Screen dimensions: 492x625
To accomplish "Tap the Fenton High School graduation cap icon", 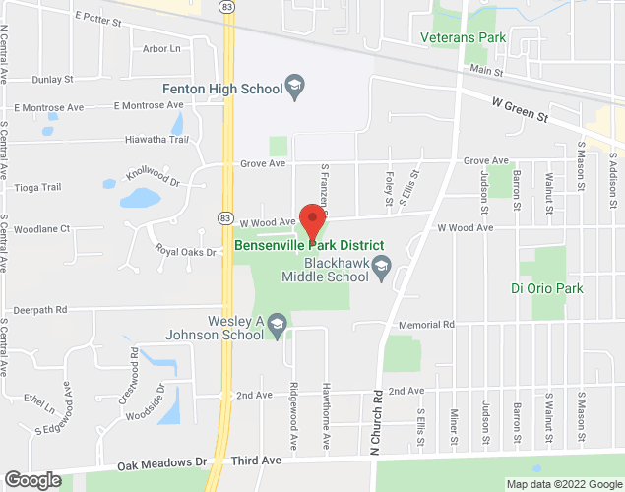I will tap(293, 89).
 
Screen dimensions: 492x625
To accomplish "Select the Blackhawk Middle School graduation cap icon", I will tap(384, 266).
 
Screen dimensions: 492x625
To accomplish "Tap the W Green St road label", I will tap(519, 108).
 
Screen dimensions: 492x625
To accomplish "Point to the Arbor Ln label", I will tap(161, 48).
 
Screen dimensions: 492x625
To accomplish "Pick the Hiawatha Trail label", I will tap(156, 140).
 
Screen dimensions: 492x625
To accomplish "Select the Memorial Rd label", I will tap(425, 325).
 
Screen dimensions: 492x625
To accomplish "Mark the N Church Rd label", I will tap(377, 422).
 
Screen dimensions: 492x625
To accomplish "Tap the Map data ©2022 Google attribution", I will tap(562, 484).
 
